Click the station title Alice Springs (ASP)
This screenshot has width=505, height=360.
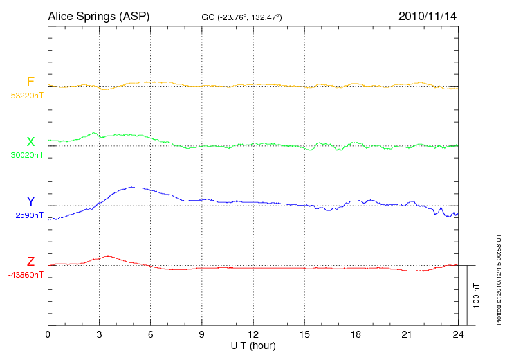click(x=99, y=16)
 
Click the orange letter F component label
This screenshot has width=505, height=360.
click(x=30, y=82)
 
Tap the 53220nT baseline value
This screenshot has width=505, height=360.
click(x=27, y=96)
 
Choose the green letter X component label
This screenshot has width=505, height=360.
click(x=30, y=142)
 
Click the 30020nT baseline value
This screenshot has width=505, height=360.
click(x=27, y=155)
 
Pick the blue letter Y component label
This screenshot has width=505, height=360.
click(x=30, y=201)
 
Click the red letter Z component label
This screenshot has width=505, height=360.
click(x=30, y=262)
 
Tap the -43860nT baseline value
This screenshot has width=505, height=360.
click(x=26, y=275)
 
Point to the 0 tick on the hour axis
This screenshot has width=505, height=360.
click(x=48, y=334)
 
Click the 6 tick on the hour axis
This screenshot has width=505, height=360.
click(x=150, y=334)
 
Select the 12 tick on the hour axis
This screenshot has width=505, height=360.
click(x=252, y=334)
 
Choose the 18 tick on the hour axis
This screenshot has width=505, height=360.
click(x=355, y=334)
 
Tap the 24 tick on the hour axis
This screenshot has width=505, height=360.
click(x=457, y=334)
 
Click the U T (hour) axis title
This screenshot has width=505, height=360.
click(x=252, y=345)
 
